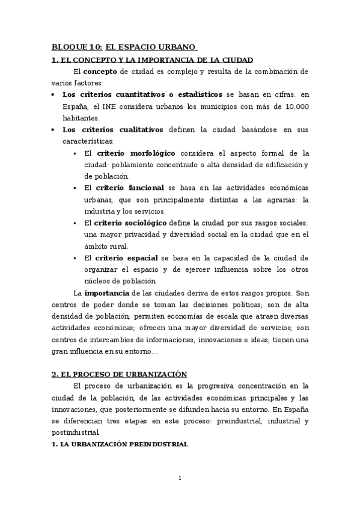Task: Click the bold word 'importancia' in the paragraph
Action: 106,293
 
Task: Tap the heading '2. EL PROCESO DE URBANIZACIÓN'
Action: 119,373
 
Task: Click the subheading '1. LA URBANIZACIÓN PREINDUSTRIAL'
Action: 120,444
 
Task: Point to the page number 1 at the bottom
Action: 180,478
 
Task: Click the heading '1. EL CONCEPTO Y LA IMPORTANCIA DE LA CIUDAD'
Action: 152,60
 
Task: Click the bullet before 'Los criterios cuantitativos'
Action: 55,94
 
